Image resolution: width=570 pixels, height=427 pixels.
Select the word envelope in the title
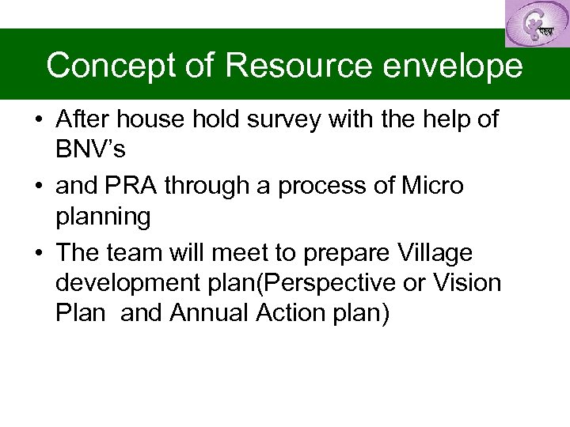click(x=453, y=66)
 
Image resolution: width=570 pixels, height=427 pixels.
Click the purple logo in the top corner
click(x=536, y=23)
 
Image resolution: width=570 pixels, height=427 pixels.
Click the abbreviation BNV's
click(x=91, y=148)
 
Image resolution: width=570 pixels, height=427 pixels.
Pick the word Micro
click(x=433, y=187)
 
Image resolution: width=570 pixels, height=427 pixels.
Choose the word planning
click(x=103, y=216)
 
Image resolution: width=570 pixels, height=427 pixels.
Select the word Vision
click(x=464, y=282)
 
